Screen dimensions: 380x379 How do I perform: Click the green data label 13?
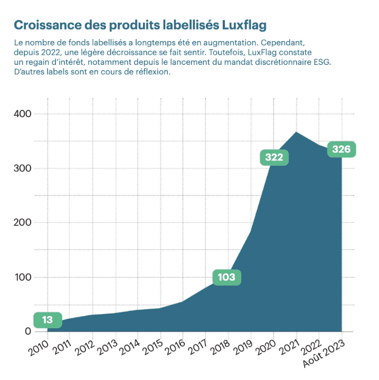(x=47, y=320)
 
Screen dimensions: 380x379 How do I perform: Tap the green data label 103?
(x=226, y=277)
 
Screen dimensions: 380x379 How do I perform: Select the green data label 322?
(x=274, y=157)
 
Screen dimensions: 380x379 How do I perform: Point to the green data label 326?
(x=341, y=149)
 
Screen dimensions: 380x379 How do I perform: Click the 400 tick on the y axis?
(x=22, y=114)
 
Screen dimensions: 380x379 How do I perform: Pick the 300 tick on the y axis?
(x=22, y=168)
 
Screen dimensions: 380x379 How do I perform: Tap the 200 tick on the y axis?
(x=22, y=223)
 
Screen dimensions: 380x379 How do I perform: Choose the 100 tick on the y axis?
(x=22, y=277)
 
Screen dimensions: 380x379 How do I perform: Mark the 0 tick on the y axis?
(x=28, y=331)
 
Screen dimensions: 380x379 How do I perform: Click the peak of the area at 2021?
(x=297, y=132)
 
